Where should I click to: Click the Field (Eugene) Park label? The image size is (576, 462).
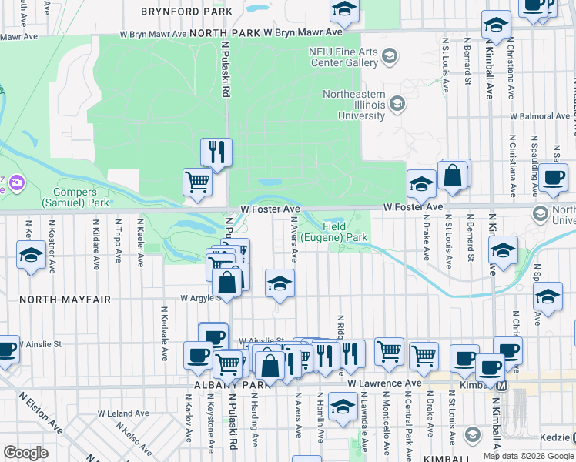[x=333, y=233]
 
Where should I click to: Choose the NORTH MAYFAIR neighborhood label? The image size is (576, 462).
[x=65, y=299]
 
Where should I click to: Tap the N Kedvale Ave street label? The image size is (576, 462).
[x=165, y=333]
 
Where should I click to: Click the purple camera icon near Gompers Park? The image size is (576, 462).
[x=15, y=182]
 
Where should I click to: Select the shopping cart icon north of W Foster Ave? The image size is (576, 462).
[x=198, y=182]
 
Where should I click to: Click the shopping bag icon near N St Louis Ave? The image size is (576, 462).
[x=454, y=176]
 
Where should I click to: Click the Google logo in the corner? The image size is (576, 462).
[x=25, y=453]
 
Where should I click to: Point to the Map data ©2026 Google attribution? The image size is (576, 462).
[x=528, y=456]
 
